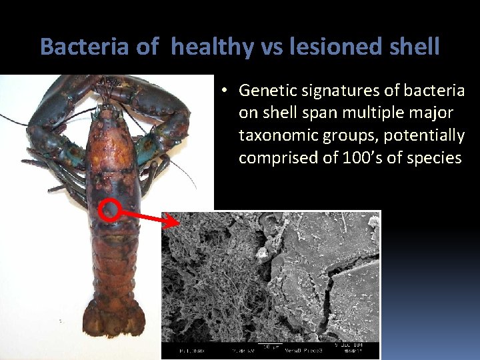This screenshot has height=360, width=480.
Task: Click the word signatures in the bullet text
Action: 337,90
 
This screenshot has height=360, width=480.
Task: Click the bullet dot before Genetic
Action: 227,90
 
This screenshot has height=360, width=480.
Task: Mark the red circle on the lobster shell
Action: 109,211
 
